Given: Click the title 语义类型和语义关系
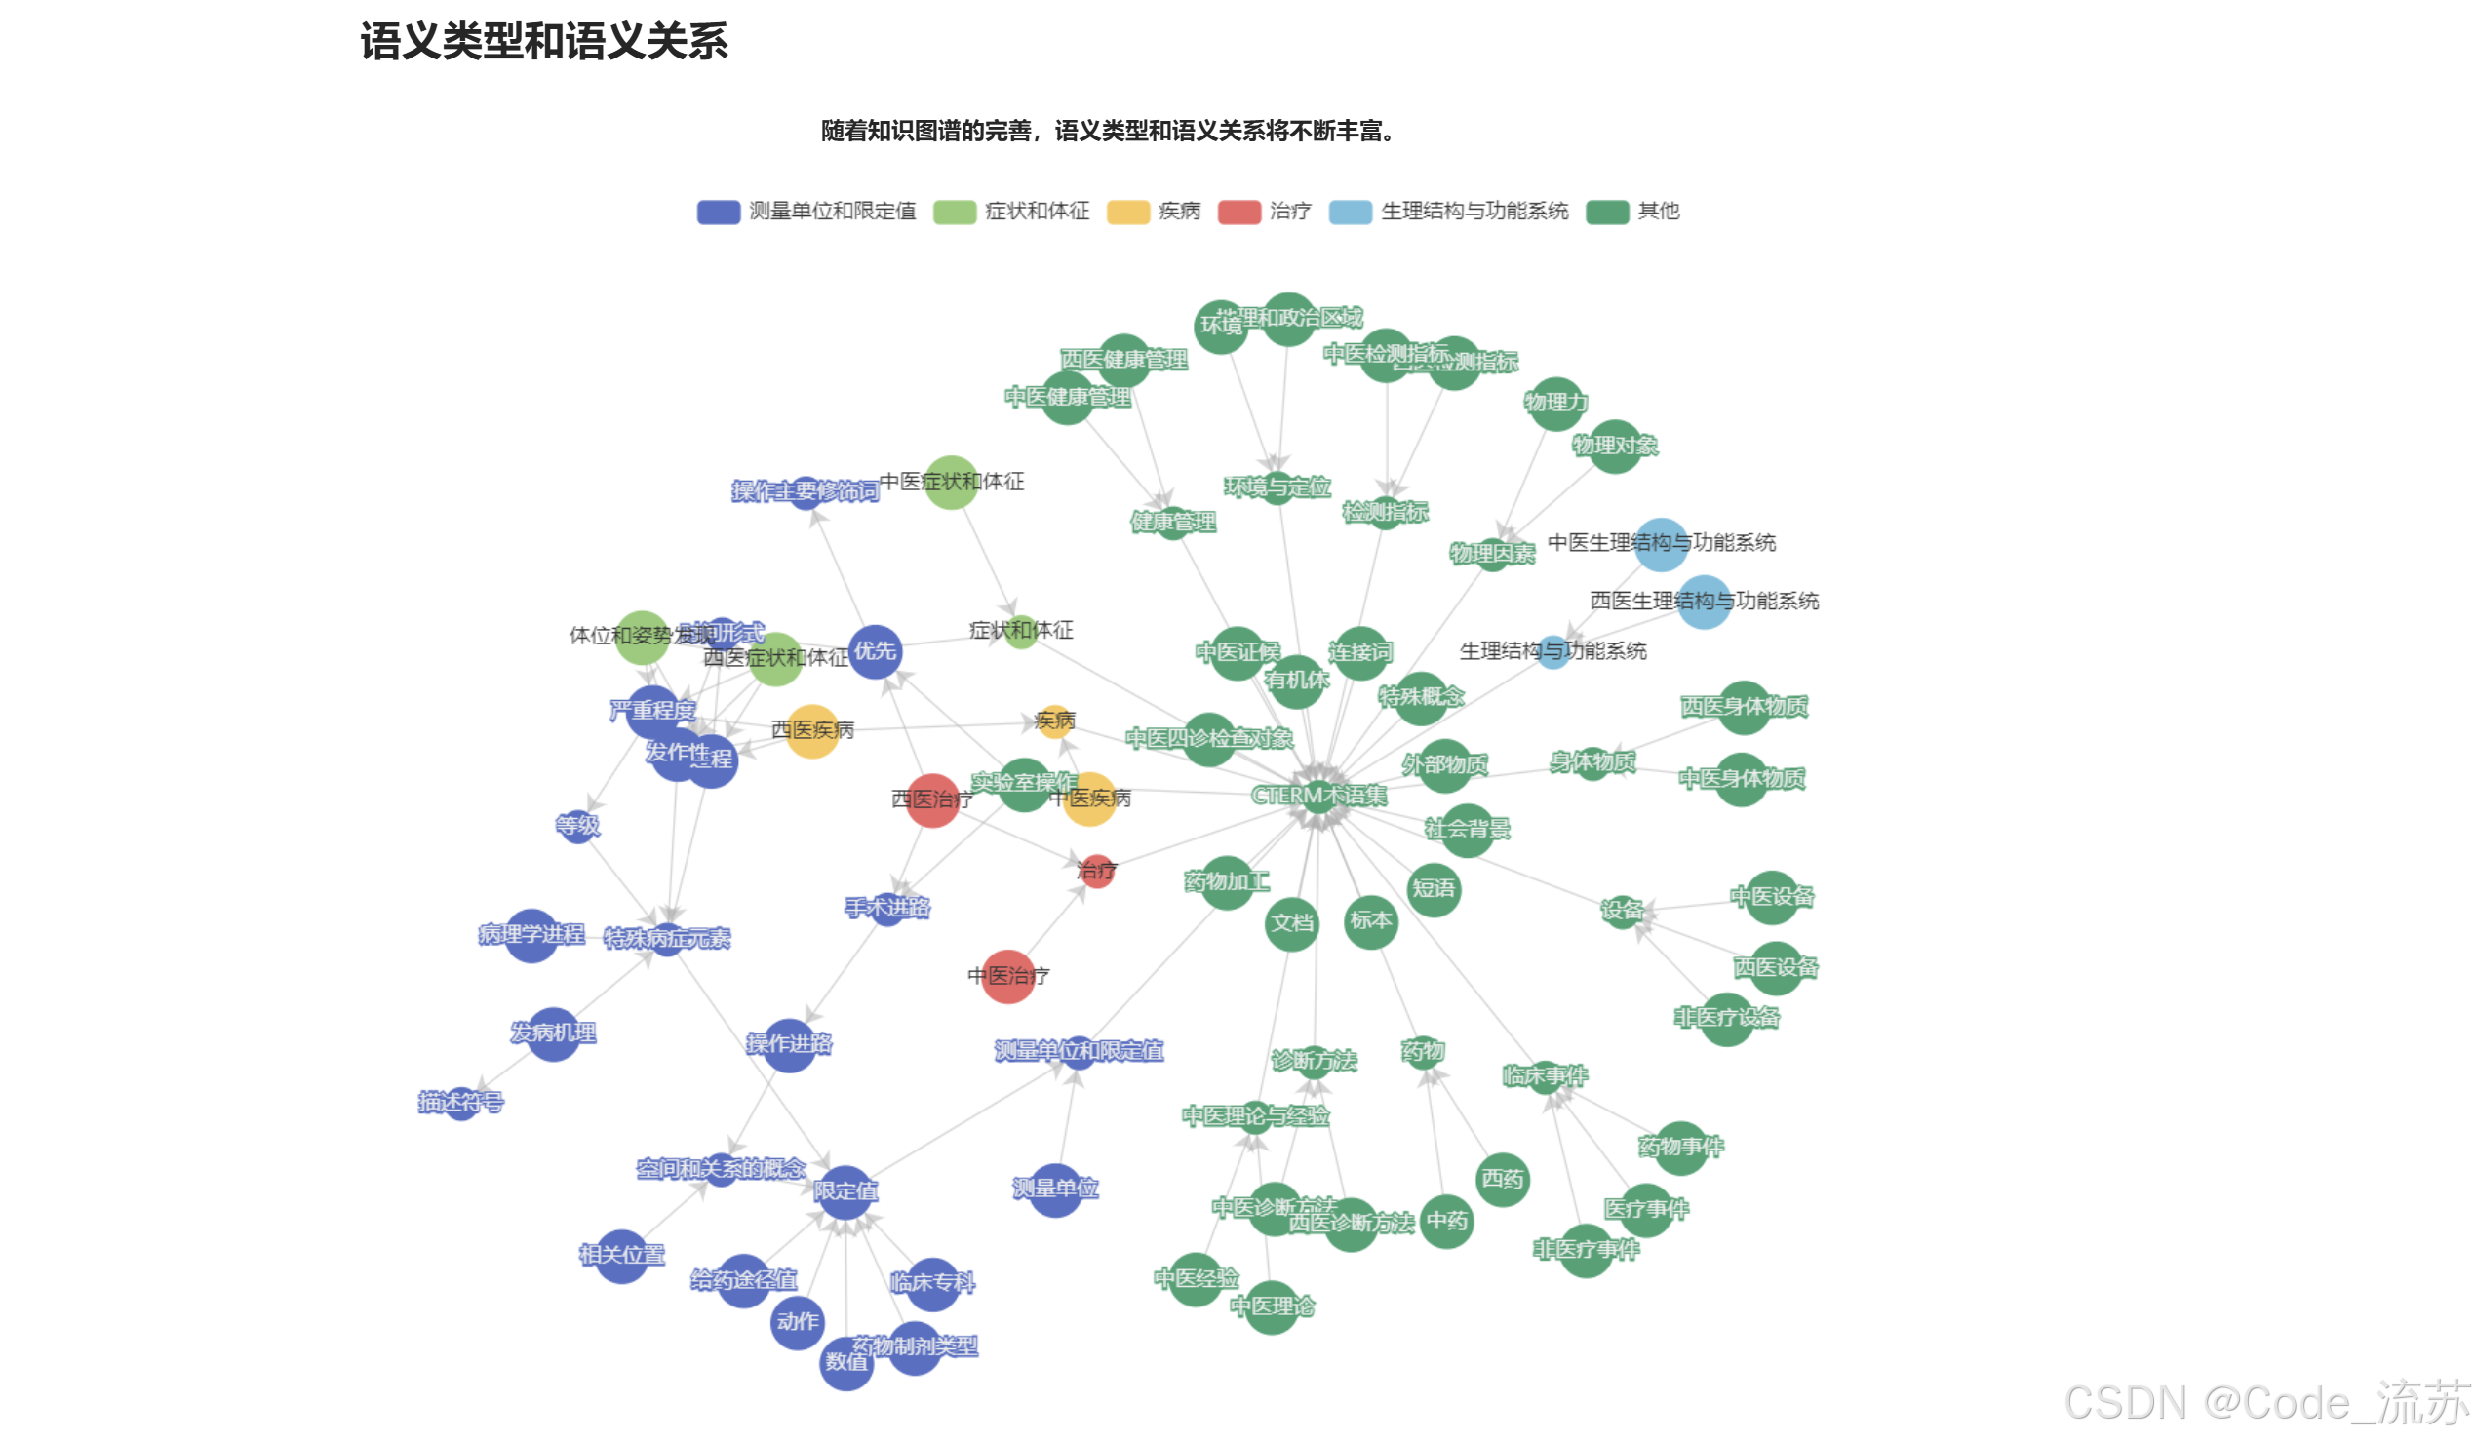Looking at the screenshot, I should (x=543, y=42).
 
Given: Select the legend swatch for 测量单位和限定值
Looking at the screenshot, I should (x=719, y=212).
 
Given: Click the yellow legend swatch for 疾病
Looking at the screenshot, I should (x=1127, y=212).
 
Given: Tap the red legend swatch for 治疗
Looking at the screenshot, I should (x=1238, y=212).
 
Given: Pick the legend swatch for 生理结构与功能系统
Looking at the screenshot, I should (x=1349, y=212).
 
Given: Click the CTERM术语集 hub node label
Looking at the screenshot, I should (x=1317, y=795).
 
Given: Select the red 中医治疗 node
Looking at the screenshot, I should (x=1008, y=976).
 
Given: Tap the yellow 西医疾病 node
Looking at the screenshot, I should (x=812, y=731).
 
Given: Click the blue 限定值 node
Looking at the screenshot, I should (x=845, y=1191).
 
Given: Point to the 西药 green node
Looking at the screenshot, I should (x=1503, y=1179).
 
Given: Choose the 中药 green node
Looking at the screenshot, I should (x=1446, y=1221).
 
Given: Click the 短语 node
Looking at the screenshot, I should (x=1434, y=889).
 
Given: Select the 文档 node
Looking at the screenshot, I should (x=1291, y=923).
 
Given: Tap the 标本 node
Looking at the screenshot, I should (x=1371, y=921).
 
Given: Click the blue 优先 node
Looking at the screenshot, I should (x=875, y=651).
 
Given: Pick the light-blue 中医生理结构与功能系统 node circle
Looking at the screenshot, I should (x=1661, y=544).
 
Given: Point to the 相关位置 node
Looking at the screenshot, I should (x=622, y=1256).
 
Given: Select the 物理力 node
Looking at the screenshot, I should (x=1555, y=403).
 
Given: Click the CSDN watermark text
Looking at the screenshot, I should (x=2265, y=1403).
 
